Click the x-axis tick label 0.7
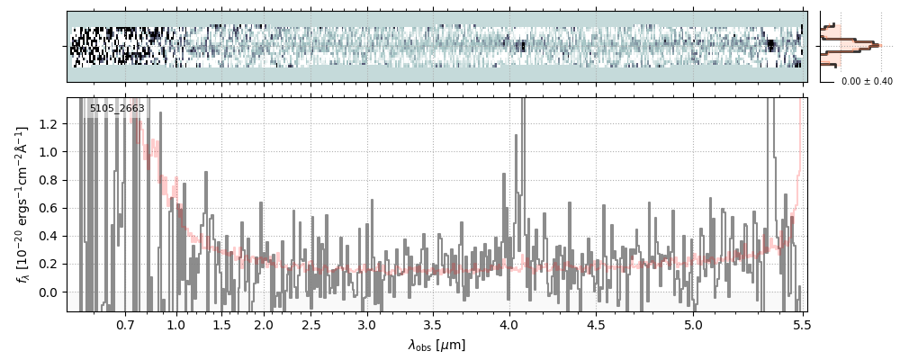[125, 324]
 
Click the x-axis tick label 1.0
[176, 324]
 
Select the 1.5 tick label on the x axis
[221, 324]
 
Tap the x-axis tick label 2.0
[264, 324]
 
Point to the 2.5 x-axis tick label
[311, 324]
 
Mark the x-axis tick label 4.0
[509, 324]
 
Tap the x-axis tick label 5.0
[693, 324]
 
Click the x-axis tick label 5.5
[802, 324]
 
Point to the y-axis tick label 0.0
[50, 292]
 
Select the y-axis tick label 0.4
[50, 237]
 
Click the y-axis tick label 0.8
[50, 180]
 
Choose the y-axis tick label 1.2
[50, 124]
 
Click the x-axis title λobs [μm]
[436, 344]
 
